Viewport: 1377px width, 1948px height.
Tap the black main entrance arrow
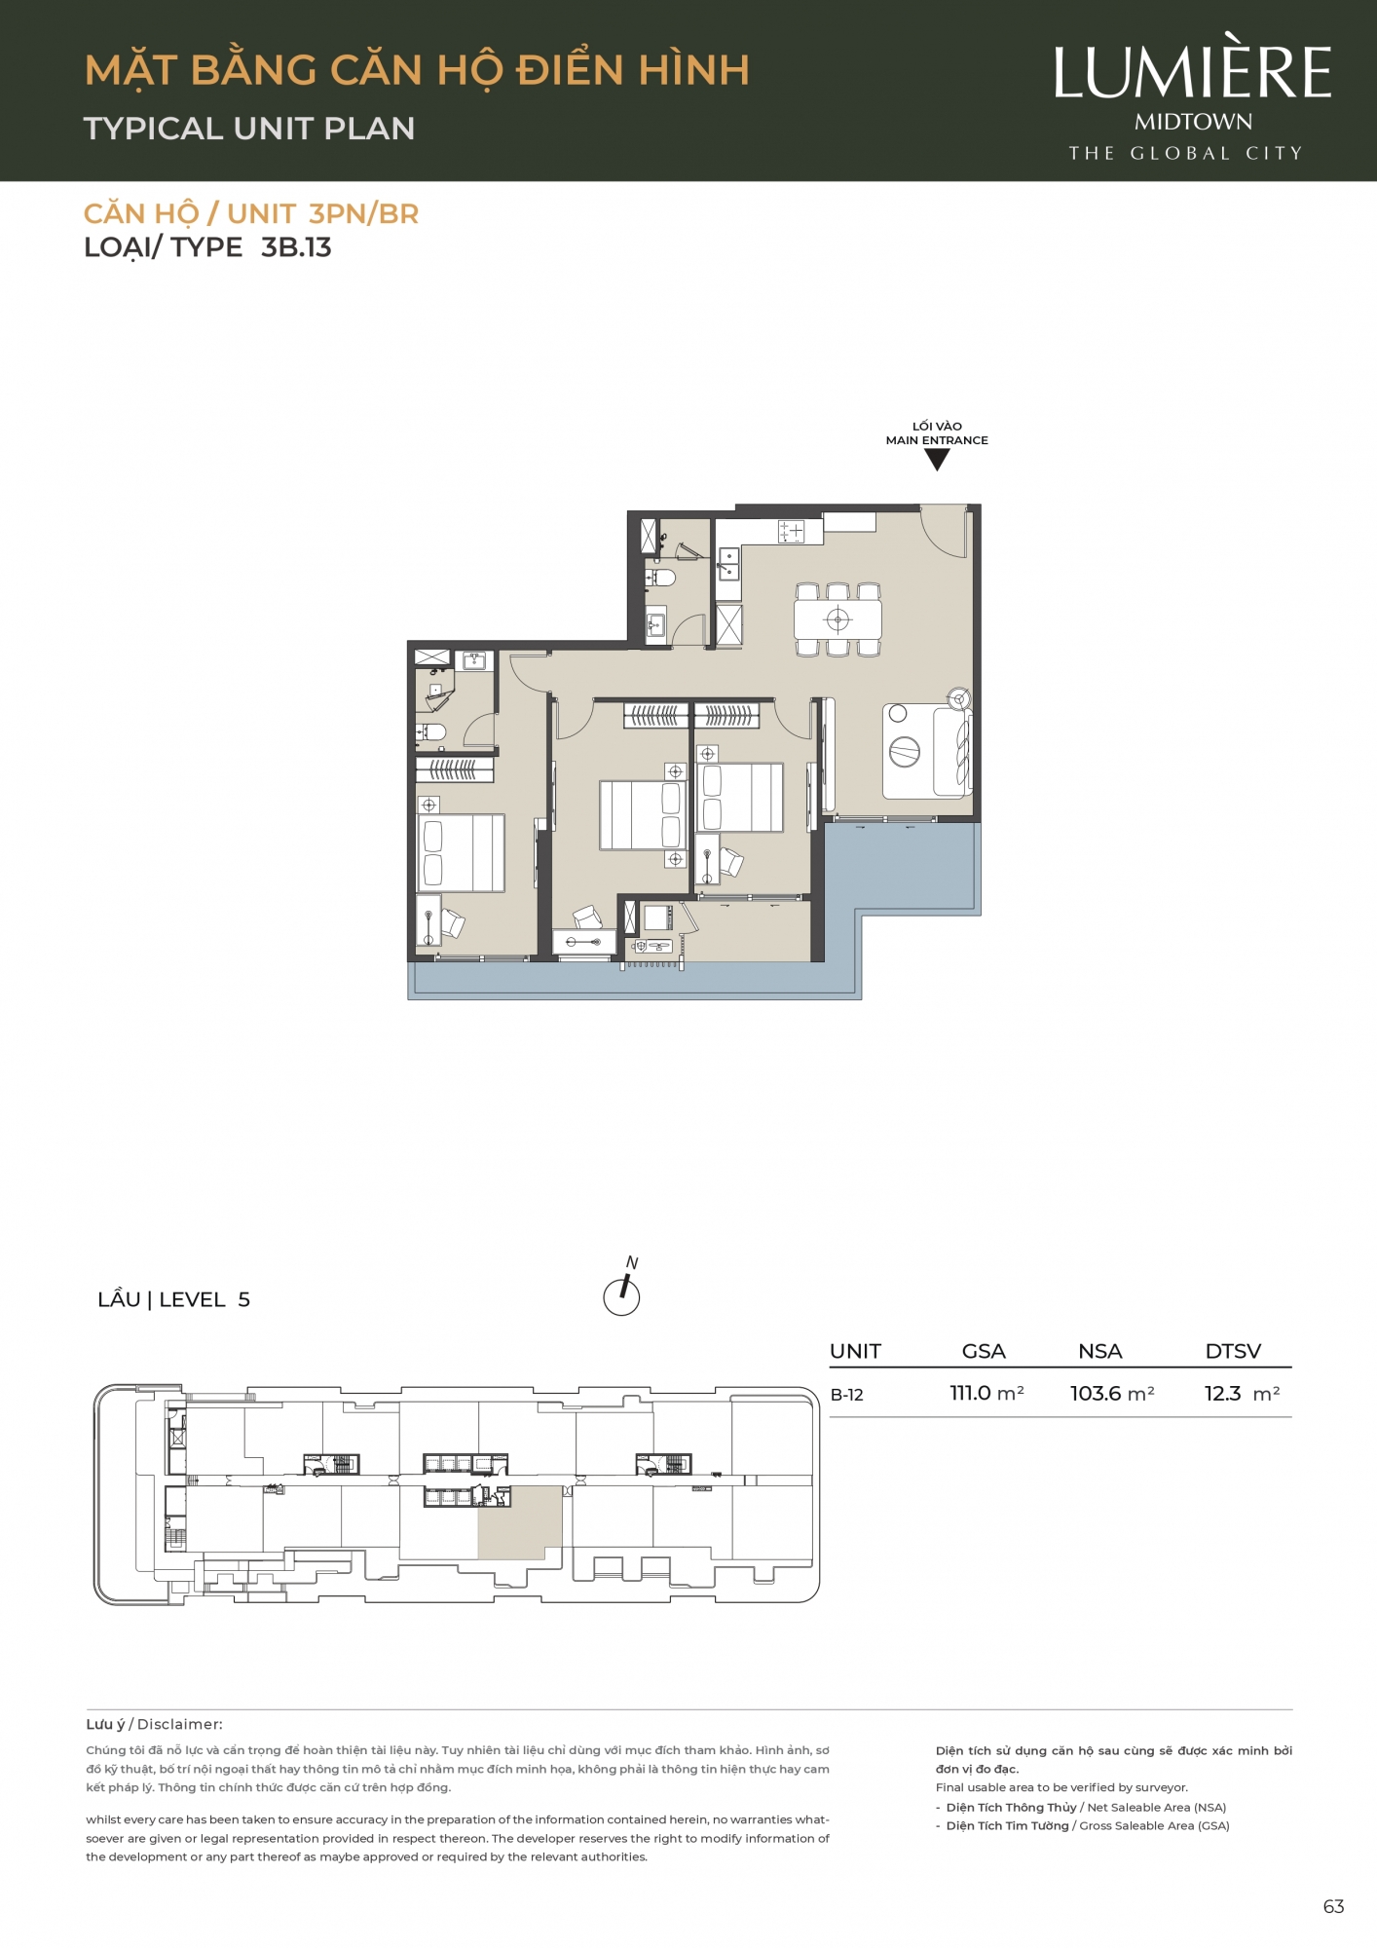click(x=937, y=460)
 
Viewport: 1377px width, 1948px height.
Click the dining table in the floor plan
click(x=837, y=618)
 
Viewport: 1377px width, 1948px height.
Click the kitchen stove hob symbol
click(x=791, y=532)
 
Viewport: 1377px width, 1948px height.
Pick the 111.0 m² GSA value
click(x=986, y=1394)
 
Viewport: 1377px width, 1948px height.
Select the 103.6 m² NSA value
click(x=1112, y=1394)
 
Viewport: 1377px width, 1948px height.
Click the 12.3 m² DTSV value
click(x=1242, y=1394)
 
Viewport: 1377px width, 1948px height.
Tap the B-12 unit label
click(x=847, y=1395)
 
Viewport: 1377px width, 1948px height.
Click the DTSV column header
click(x=1233, y=1351)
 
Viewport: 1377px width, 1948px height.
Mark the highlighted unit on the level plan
click(x=519, y=1521)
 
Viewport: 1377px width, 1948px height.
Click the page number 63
click(x=1333, y=1907)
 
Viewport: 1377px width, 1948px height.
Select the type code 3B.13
click(x=296, y=247)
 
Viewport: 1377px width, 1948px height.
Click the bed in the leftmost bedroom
click(x=461, y=853)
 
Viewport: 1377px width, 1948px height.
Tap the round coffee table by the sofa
click(x=905, y=752)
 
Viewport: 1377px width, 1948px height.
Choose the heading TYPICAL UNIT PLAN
click(x=249, y=129)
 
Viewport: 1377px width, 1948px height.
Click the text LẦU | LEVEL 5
click(x=174, y=1299)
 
